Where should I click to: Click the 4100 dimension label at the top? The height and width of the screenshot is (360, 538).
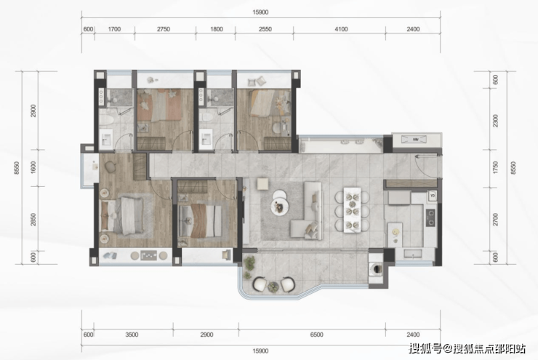[341, 29]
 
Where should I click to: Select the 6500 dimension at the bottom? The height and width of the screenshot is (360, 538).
[316, 335]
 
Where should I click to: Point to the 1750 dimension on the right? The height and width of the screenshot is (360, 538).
[495, 167]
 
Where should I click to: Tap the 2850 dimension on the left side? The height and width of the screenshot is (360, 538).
[33, 220]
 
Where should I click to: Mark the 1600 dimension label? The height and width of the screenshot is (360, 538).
[33, 167]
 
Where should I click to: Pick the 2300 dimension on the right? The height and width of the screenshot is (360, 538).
[495, 121]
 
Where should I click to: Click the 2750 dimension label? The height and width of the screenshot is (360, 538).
[164, 29]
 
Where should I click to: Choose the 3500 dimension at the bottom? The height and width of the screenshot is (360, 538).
[132, 335]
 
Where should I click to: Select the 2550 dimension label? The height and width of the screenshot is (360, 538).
[265, 29]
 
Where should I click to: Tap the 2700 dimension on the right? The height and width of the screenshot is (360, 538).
[495, 220]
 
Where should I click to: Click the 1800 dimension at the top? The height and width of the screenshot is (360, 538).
[216, 29]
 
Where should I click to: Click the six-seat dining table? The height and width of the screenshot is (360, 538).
[353, 209]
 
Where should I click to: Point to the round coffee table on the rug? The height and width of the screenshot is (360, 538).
[280, 207]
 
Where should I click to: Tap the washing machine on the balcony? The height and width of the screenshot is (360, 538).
[376, 268]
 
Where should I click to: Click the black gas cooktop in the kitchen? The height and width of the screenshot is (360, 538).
[430, 217]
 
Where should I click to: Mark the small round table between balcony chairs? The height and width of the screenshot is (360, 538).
[273, 286]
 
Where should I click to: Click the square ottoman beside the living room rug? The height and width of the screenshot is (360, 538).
[263, 183]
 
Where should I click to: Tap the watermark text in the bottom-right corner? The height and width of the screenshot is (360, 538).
[467, 349]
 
